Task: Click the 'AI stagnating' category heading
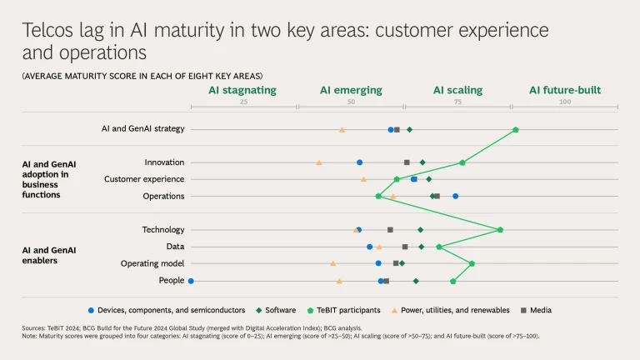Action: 242,90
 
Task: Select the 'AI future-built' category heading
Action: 564,90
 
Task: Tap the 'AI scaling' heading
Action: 457,90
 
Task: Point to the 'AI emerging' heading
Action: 351,90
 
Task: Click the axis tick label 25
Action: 244,102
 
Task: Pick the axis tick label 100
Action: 565,102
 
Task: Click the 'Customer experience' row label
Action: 144,179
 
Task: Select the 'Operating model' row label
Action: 152,263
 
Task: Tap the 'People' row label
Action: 172,280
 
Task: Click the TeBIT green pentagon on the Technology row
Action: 500,230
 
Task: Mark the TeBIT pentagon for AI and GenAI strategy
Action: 515,129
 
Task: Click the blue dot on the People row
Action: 191,281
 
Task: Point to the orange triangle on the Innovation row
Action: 319,162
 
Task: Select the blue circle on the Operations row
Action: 455,196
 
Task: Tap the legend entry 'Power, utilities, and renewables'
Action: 455,310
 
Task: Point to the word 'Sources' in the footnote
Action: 34,328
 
